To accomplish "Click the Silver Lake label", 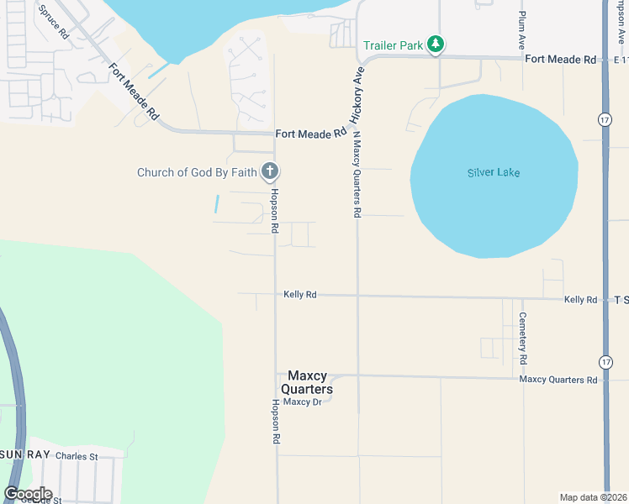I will click(494, 173).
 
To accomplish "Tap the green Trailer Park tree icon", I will click(435, 45).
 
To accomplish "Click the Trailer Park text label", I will click(393, 45).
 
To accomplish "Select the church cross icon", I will click(270, 172).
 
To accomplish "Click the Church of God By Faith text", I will click(198, 173).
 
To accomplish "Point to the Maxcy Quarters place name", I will click(307, 383).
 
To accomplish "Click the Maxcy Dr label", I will click(303, 402).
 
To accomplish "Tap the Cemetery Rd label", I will click(523, 338).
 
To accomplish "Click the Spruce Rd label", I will click(52, 21).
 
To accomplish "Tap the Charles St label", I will click(77, 457).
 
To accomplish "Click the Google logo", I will click(28, 494).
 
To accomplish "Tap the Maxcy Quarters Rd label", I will click(558, 380).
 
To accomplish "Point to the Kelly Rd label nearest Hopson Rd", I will click(299, 294).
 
